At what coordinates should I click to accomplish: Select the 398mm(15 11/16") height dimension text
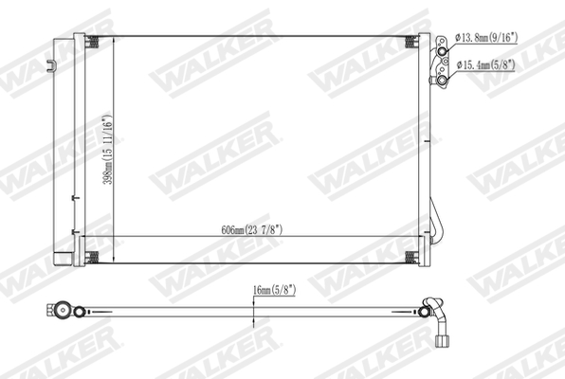tap(109, 151)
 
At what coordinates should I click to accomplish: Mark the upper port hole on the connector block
tap(442, 40)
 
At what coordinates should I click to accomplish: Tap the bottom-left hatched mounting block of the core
tap(93, 258)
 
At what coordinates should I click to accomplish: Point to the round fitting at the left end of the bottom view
tap(61, 310)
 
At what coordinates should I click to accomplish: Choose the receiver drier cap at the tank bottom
tap(63, 258)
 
